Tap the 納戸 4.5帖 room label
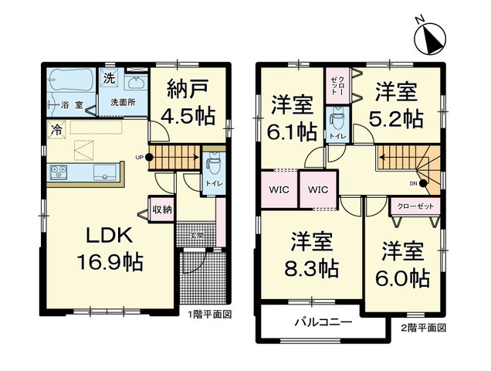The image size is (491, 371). (x=188, y=102)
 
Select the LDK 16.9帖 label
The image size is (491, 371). (x=110, y=249)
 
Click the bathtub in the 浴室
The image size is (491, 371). (x=71, y=80)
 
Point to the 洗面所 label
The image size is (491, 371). (x=123, y=102)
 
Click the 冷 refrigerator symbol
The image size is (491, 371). (x=56, y=129)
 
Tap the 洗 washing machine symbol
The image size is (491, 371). (x=109, y=77)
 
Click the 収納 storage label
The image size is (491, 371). (x=162, y=209)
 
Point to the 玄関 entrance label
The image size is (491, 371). (x=196, y=234)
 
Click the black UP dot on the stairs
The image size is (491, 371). (x=149, y=157)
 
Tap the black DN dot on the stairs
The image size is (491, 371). (x=423, y=184)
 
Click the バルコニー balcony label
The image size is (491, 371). (x=323, y=322)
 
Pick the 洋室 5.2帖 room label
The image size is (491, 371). (x=396, y=104)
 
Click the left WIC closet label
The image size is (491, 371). (x=279, y=189)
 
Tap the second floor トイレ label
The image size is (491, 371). (x=337, y=136)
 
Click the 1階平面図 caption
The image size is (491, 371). (x=210, y=315)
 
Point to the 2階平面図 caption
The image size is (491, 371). (x=424, y=328)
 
